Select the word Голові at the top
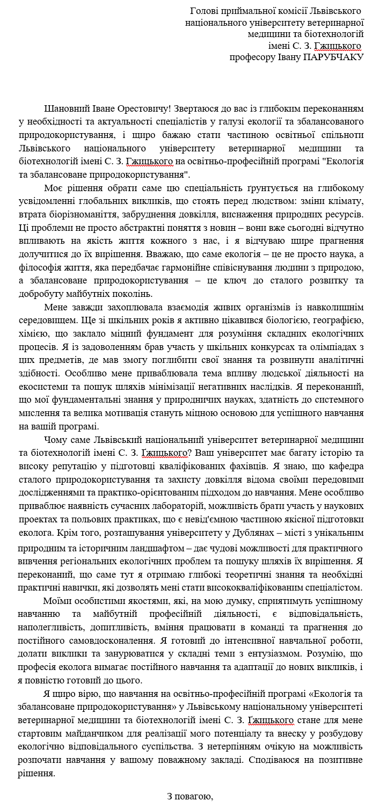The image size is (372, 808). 205,11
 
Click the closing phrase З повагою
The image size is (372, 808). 190,796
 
